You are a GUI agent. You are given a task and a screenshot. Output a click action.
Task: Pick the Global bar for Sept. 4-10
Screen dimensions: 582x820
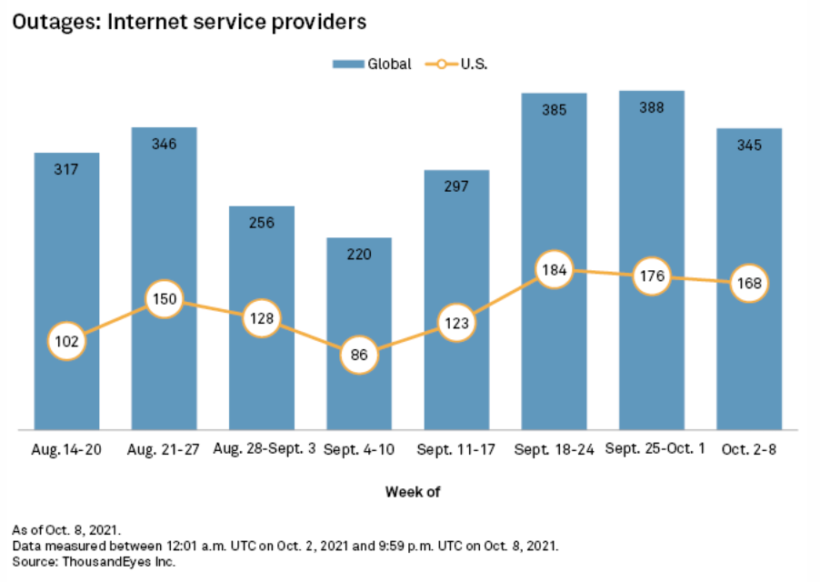coord(359,291)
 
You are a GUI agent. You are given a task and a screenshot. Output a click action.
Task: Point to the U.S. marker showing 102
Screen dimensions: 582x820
coord(67,341)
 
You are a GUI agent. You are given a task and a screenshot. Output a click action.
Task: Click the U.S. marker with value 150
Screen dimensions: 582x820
coord(165,298)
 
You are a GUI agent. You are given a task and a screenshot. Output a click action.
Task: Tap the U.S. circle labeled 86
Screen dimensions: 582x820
coord(359,355)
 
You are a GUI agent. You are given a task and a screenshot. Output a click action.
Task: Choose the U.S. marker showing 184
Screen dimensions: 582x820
coord(554,269)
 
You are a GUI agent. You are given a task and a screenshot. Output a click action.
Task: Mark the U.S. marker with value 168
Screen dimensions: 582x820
coord(749,282)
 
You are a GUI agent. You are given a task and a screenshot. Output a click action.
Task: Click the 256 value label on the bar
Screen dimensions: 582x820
coord(262,223)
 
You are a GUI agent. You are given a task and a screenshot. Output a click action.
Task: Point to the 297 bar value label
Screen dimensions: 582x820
coord(456,186)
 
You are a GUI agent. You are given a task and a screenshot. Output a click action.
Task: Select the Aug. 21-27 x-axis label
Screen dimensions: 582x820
coord(165,449)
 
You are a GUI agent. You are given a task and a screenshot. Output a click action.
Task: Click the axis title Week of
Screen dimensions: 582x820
coord(413,492)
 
